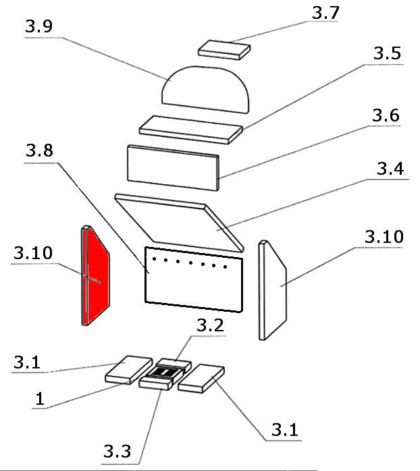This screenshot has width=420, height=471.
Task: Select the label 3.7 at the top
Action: (x=326, y=13)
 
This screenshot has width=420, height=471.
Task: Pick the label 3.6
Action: (x=386, y=115)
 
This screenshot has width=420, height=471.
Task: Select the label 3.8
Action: (x=40, y=153)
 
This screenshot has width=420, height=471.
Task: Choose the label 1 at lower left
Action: (x=39, y=399)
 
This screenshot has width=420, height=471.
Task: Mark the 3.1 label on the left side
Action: (x=26, y=362)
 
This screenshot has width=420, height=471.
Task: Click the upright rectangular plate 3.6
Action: (x=174, y=165)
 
